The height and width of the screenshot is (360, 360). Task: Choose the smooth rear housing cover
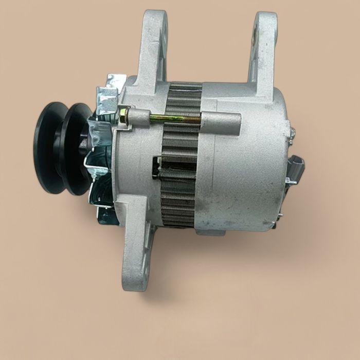pos(242,170)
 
